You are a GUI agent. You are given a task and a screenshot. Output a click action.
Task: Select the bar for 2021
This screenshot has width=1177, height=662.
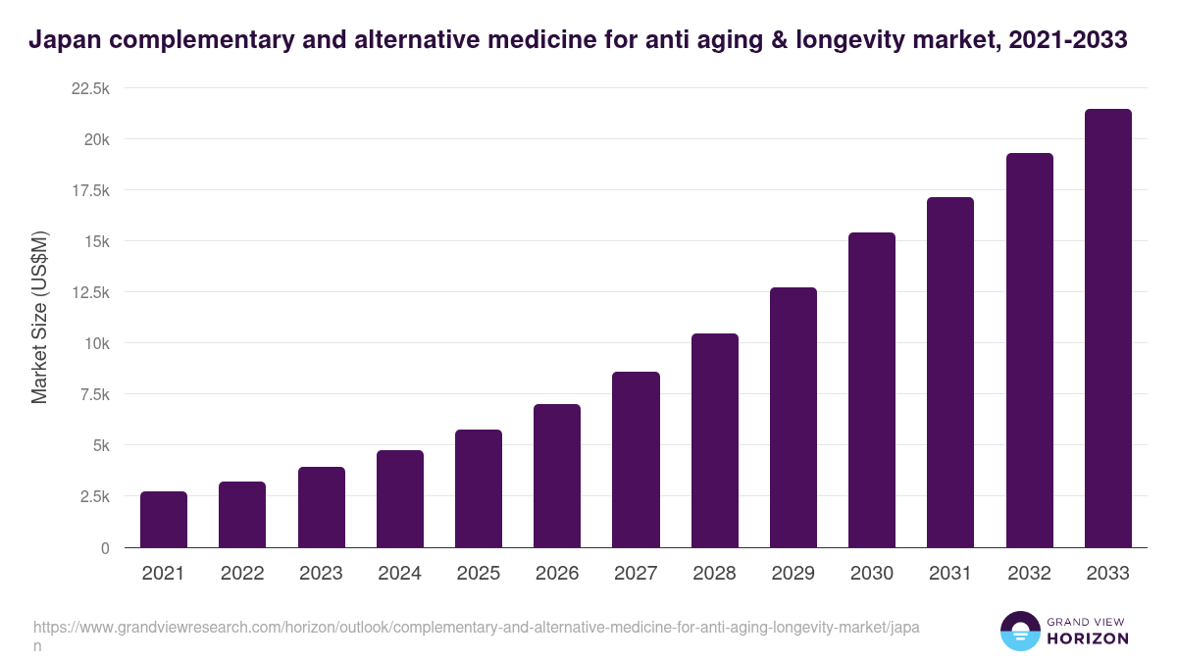click(164, 520)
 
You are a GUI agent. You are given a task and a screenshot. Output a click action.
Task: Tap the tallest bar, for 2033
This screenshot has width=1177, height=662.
click(1107, 329)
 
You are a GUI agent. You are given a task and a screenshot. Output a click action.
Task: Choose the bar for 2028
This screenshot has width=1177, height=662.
click(714, 440)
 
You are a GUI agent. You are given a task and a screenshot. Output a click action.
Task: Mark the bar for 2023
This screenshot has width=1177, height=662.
click(321, 507)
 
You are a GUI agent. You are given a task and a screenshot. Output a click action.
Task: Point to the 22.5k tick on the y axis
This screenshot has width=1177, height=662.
click(90, 88)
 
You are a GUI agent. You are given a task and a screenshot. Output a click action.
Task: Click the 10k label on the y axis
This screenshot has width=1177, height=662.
click(96, 343)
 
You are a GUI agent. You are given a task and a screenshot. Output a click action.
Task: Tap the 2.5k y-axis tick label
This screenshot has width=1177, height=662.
click(94, 496)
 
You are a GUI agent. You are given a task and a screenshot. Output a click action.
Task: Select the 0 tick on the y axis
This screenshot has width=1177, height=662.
click(104, 547)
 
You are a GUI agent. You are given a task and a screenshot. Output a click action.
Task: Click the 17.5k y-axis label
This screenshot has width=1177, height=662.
click(90, 190)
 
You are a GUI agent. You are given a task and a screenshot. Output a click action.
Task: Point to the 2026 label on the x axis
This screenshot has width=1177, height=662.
click(557, 574)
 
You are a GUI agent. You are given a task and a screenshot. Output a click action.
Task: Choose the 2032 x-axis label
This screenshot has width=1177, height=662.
click(1029, 574)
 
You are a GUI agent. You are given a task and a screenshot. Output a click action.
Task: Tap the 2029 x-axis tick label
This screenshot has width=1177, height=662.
click(793, 574)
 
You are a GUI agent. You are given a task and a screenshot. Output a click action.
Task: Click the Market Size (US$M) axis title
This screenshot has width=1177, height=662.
click(39, 318)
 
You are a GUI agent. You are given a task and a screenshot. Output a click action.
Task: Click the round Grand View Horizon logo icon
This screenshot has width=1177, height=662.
click(1019, 631)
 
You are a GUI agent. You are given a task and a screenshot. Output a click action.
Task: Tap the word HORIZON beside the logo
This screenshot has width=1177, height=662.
click(1087, 638)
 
